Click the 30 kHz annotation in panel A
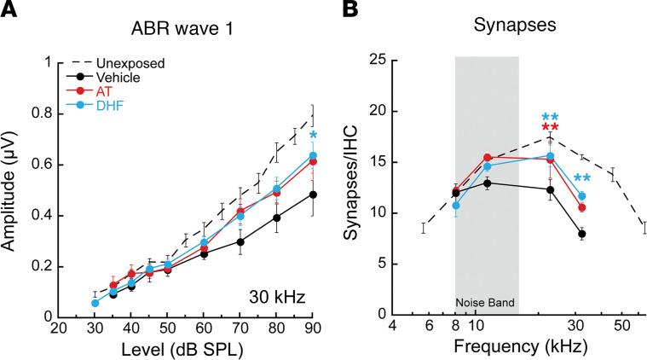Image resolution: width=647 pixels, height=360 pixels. click(x=274, y=296)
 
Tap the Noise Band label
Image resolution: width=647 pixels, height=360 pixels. click(x=487, y=302)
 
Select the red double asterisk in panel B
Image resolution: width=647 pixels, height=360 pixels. click(x=550, y=129)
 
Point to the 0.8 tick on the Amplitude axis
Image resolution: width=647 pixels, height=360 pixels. click(x=45, y=113)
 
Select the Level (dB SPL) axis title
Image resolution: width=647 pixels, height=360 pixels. click(x=184, y=350)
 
